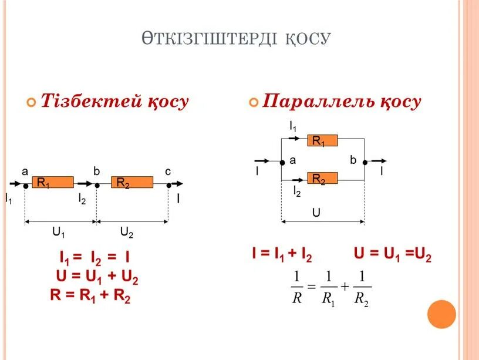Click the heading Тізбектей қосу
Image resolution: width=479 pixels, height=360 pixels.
[x=114, y=102]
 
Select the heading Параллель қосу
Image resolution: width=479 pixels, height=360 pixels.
[x=342, y=102]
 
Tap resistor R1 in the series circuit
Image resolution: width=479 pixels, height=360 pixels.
[x=52, y=183]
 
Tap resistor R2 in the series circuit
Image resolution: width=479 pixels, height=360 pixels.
[x=132, y=183]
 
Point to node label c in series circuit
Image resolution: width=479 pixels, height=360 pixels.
[x=168, y=171]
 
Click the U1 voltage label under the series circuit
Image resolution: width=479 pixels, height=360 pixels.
[x=59, y=233]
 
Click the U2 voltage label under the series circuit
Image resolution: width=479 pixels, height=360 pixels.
[x=127, y=233]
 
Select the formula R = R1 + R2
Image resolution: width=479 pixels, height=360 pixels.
[x=90, y=295]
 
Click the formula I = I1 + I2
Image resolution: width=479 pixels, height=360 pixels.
[x=282, y=255]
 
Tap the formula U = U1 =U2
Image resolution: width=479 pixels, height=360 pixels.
[x=393, y=255]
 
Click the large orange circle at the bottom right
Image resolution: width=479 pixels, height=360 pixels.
[x=441, y=314]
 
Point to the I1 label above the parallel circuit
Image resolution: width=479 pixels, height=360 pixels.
[x=293, y=125]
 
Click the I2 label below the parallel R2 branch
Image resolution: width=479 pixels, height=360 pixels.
[x=297, y=192]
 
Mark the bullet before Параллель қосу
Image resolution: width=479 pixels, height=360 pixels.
[x=254, y=102]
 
